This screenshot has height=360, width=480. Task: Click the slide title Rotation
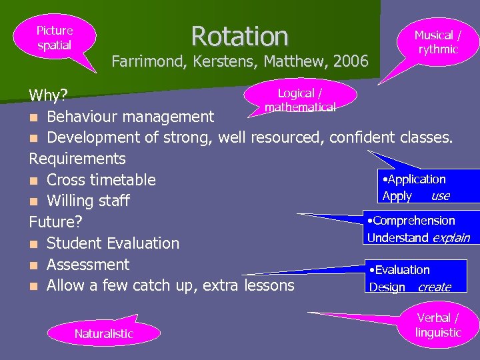click(239, 35)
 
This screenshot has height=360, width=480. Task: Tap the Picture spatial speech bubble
click(55, 38)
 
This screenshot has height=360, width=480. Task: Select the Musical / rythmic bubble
click(437, 42)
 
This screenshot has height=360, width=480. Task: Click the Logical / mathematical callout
click(299, 100)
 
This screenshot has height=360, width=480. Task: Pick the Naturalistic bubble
click(103, 333)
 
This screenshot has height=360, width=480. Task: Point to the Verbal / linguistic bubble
click(438, 325)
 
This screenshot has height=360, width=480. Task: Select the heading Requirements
click(77, 159)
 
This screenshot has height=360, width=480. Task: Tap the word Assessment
click(88, 265)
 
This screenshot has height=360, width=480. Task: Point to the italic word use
click(440, 196)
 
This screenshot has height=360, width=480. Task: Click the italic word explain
click(451, 238)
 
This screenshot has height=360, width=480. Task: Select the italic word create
click(434, 287)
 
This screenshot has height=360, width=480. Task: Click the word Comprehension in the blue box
click(414, 221)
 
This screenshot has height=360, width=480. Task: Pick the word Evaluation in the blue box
click(402, 270)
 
